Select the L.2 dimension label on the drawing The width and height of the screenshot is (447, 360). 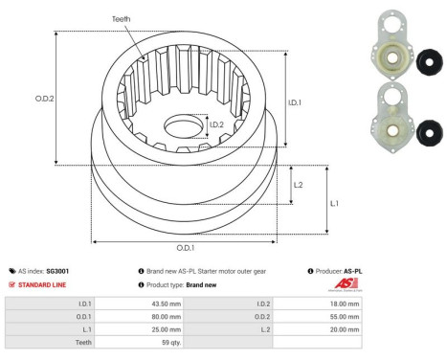298,185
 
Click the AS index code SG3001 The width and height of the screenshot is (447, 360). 58,271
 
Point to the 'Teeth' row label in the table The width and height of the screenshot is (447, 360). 82,340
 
